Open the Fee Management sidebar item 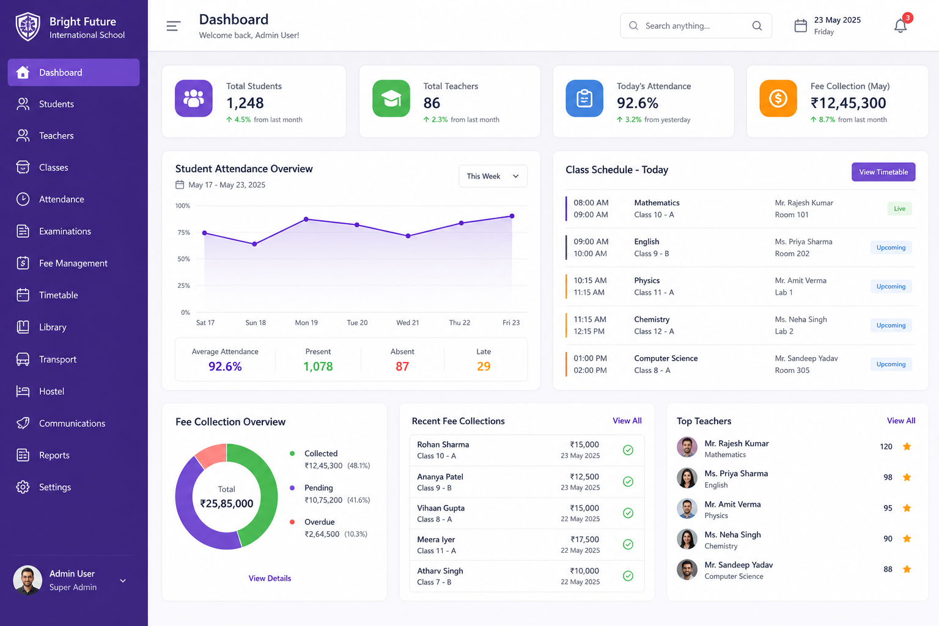click(x=73, y=263)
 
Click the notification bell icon click(x=900, y=26)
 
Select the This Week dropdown click(x=493, y=176)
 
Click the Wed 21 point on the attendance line click(x=408, y=236)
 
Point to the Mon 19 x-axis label click(x=306, y=322)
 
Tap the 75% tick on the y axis click(x=183, y=232)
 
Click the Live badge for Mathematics click(x=899, y=208)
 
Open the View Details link click(x=270, y=578)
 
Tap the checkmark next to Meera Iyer click(x=628, y=544)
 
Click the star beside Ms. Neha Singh click(x=907, y=539)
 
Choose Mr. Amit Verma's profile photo click(x=687, y=509)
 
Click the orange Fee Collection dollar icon click(x=778, y=98)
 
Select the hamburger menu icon click(x=173, y=26)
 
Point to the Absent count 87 click(x=402, y=366)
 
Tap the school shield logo click(x=28, y=27)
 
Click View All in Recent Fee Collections click(x=627, y=421)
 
